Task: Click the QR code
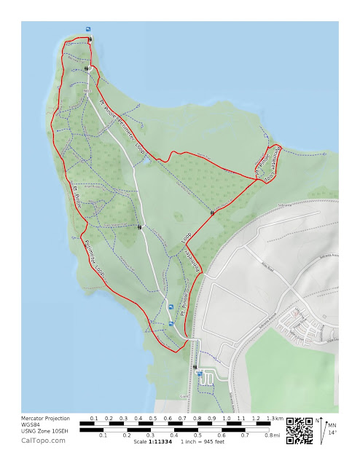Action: pyautogui.click(x=299, y=430)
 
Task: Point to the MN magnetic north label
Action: pyautogui.click(x=332, y=425)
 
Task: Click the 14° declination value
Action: pyautogui.click(x=332, y=433)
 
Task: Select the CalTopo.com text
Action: pyautogui.click(x=40, y=441)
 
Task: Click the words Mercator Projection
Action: pyautogui.click(x=45, y=419)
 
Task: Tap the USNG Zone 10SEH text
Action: pyautogui.click(x=45, y=433)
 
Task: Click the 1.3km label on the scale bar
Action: pyautogui.click(x=274, y=419)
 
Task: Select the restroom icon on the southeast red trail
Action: pyautogui.click(x=212, y=213)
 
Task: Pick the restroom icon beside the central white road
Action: pyautogui.click(x=138, y=227)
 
